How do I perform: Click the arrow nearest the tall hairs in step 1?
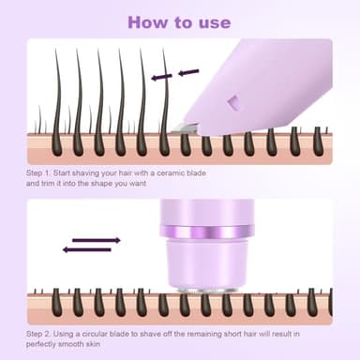162,76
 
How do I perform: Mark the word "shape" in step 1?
104,185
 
